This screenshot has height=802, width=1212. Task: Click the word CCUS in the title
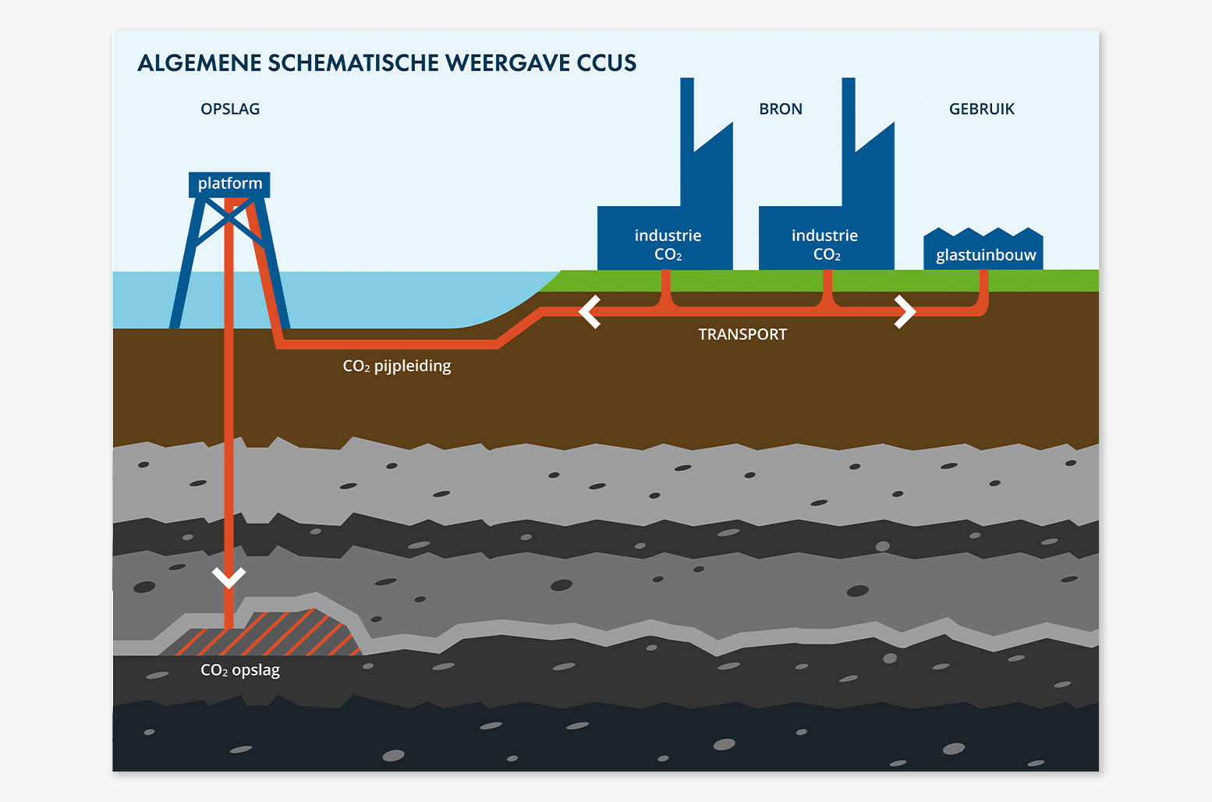pos(606,62)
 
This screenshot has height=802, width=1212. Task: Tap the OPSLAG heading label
pos(230,109)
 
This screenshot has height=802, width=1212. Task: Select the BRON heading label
pos(780,109)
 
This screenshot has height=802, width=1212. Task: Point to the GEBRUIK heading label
pos(981,109)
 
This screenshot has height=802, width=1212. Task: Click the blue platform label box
pos(229,185)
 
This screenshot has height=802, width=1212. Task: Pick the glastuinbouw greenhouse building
pos(983,248)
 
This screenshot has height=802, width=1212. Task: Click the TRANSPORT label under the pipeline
pos(742,335)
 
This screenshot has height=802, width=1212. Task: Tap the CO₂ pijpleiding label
pos(397,367)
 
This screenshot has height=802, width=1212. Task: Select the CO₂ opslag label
pos(240,670)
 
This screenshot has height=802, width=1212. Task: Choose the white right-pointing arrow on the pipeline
pos(905,312)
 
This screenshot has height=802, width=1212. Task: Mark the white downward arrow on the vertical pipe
pos(229,577)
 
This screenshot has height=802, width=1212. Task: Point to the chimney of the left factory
pos(686,115)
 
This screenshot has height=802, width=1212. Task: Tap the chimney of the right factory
pos(849,115)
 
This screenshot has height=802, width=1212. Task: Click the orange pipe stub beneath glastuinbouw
pos(984,287)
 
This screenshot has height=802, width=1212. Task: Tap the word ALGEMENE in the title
pos(200,62)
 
